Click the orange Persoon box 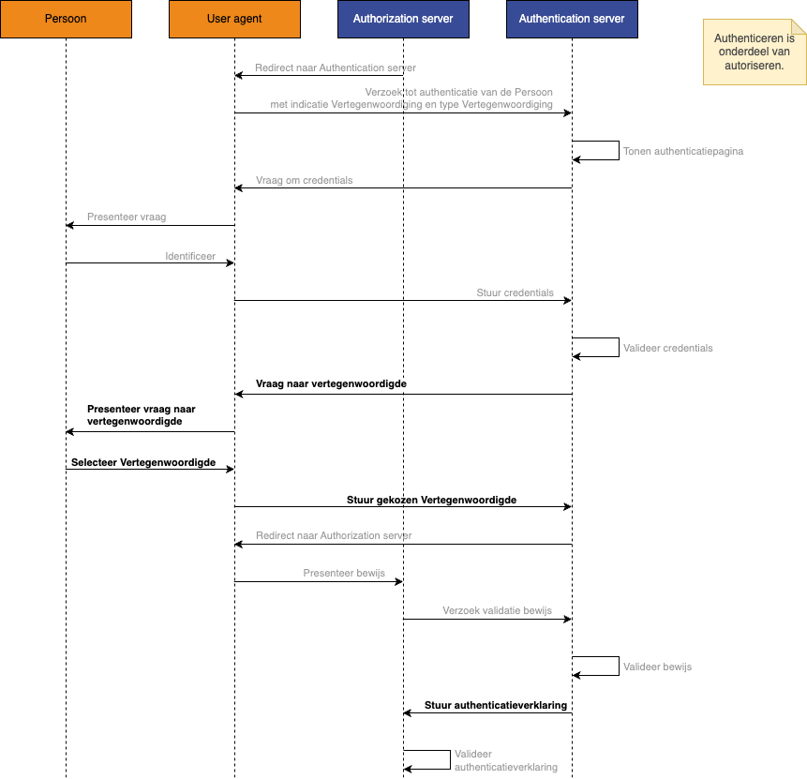66,19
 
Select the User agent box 234,19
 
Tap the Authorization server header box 403,19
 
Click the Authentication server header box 572,19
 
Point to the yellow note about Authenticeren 754,52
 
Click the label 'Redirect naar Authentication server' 336,67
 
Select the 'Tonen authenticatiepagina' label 683,151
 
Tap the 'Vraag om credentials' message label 305,180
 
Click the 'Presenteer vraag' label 127,217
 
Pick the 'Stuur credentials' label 515,292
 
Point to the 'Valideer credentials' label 668,348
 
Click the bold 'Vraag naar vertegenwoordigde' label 331,383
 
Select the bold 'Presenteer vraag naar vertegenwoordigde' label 142,415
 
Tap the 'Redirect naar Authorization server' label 334,536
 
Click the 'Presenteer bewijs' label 344,573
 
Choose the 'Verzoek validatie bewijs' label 497,610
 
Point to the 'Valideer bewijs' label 657,667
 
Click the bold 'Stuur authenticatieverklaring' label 496,705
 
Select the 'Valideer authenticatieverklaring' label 505,760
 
